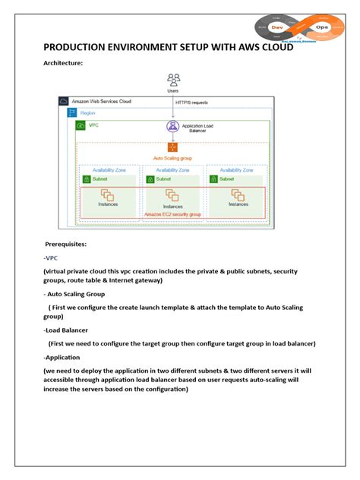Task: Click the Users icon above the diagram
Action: pos(173,78)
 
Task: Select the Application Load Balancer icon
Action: pos(172,128)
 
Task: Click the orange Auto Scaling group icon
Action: pos(172,149)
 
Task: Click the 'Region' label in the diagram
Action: pos(88,112)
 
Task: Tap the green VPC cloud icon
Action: pos(82,124)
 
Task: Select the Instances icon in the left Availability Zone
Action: pos(108,195)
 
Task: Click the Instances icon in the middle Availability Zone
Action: pos(172,196)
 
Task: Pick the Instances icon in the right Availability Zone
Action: pos(238,194)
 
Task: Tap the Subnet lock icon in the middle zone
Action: pos(152,180)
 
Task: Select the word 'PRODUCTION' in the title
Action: pos(82,47)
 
